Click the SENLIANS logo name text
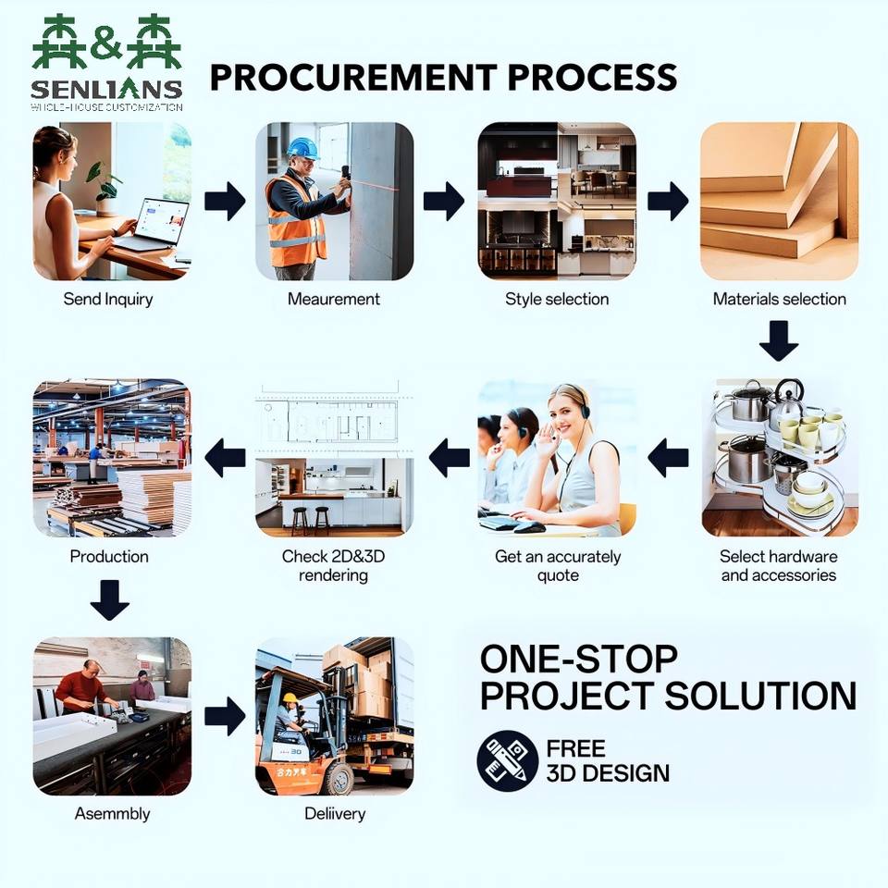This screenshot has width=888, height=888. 106,89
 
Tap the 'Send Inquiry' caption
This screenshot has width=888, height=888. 108,299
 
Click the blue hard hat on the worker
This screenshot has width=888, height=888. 302,148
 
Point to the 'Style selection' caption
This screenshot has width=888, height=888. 557,299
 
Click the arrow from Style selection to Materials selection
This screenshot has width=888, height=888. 668,201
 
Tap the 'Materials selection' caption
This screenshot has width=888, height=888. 779,299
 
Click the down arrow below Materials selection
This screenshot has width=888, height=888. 779,340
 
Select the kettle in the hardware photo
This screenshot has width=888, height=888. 788,398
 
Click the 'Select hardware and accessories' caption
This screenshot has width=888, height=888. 779,566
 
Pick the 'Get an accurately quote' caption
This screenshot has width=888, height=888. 558,566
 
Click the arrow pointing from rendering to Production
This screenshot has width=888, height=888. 225,458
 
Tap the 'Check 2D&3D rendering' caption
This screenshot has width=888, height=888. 334,566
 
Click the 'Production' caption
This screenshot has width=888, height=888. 109,557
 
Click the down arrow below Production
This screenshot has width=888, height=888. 110,600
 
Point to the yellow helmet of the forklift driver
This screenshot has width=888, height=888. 290,698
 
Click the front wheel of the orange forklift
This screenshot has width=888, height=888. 339,779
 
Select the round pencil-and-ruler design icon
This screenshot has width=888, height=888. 508,760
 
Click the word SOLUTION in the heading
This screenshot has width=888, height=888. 760,696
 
